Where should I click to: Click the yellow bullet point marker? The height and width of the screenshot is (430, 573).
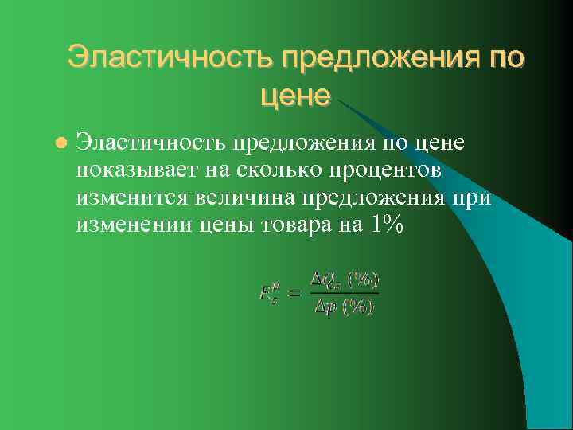click(x=58, y=143)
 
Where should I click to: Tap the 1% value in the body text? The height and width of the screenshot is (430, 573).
click(x=387, y=225)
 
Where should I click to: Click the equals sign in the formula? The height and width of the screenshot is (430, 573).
click(x=294, y=294)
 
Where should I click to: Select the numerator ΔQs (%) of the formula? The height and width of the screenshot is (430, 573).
click(x=344, y=279)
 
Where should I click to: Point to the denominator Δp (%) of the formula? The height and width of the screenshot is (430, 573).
click(x=344, y=307)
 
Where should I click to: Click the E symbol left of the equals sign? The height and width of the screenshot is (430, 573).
click(x=268, y=294)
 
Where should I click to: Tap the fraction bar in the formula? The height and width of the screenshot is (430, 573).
click(x=344, y=293)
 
